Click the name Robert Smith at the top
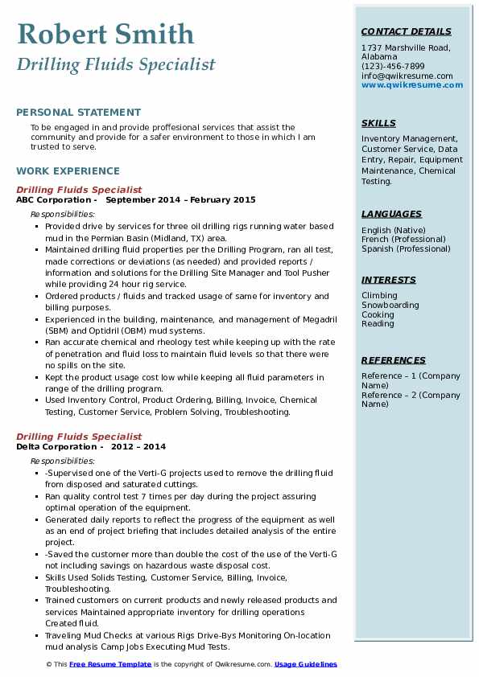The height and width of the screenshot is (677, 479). coord(105,34)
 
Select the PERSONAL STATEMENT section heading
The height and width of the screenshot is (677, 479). coord(78,113)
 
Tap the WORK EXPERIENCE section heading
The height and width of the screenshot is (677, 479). coord(68,170)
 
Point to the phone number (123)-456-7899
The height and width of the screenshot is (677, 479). coord(393,67)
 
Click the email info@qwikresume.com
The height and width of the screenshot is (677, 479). coord(407,76)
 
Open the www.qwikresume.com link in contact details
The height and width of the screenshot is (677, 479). coord(407,85)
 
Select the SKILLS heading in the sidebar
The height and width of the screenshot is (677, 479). coord(378,123)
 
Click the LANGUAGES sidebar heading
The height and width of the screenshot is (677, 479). coord(391,214)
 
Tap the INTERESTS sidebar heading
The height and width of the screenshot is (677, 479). coord(389,280)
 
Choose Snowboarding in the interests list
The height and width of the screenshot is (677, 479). coord(390,306)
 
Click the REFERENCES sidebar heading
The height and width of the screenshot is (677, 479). coord(394,360)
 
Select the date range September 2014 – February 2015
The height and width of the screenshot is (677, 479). coord(180,200)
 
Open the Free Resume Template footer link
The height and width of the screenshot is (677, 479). coord(109,664)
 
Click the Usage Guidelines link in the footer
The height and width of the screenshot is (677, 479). coord(305,664)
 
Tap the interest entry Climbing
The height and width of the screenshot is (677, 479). coord(379,296)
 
